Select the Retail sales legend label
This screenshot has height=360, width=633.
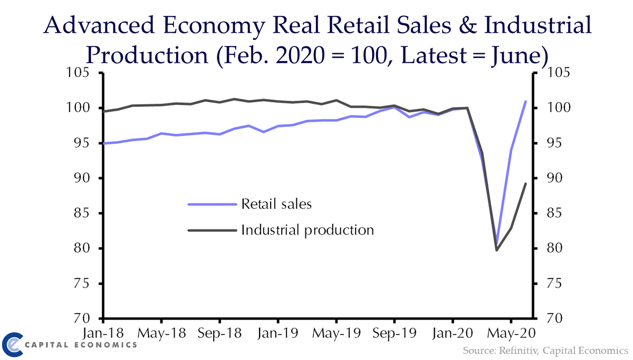[276, 203]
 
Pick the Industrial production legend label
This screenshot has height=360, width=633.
[308, 230]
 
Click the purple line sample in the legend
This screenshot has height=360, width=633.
[212, 204]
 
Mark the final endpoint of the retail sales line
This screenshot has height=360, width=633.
[525, 101]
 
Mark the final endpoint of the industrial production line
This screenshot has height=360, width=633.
[525, 183]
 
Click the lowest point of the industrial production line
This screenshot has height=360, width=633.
[496, 250]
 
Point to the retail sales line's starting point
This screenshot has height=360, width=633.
[103, 143]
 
